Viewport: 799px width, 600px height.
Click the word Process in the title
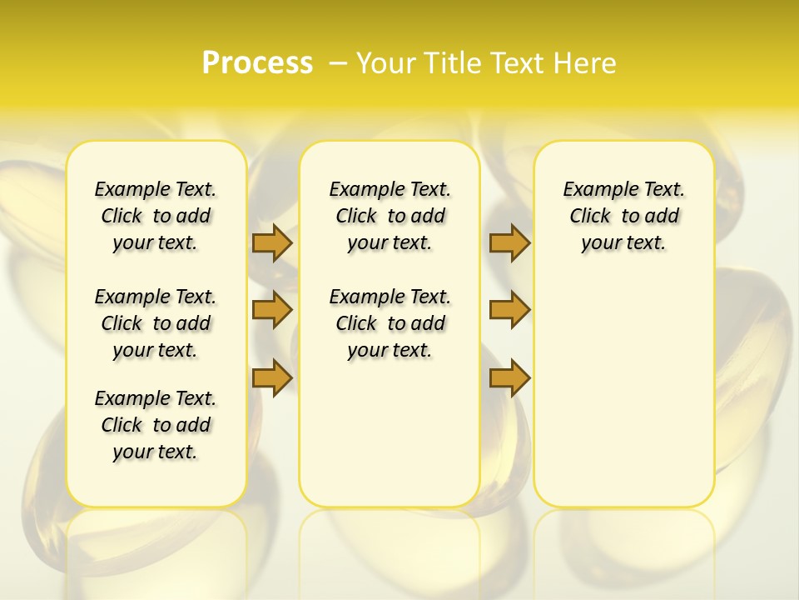(257, 63)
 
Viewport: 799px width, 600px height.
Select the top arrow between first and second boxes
(271, 242)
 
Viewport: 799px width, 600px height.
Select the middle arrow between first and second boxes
(271, 310)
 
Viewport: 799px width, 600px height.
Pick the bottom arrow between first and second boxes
(271, 377)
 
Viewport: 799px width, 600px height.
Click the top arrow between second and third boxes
(509, 242)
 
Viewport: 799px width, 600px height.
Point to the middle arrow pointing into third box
(509, 310)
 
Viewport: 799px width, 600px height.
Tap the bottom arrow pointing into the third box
(509, 377)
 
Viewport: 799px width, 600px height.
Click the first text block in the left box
(156, 216)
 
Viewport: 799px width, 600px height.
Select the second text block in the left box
(156, 323)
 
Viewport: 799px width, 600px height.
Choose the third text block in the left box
(156, 425)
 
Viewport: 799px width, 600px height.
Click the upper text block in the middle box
(390, 216)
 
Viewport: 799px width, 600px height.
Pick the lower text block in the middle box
(390, 323)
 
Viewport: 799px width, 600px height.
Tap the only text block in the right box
(623, 216)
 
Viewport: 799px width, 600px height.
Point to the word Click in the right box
(590, 217)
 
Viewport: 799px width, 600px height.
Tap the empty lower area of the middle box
(390, 433)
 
